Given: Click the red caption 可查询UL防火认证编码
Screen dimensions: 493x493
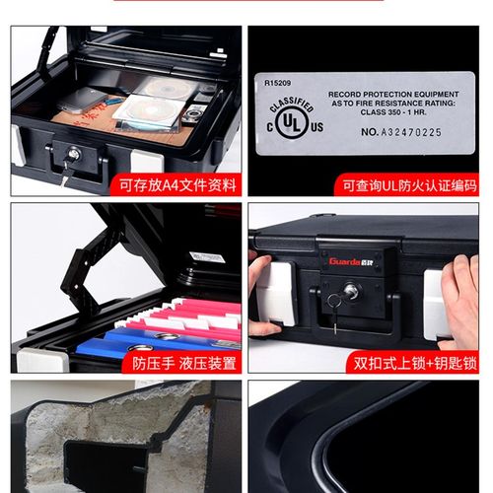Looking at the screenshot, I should pos(408,184).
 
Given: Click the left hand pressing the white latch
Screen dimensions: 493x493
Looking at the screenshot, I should pos(263,296).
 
